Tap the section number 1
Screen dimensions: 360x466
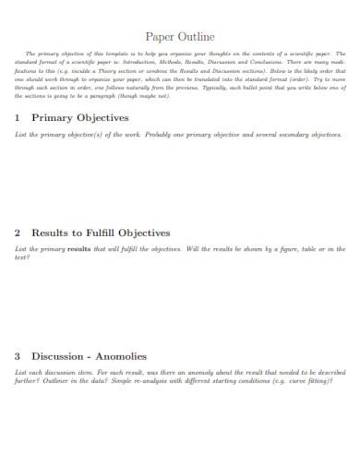[x=18, y=118]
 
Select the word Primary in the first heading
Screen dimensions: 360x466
[x=52, y=118]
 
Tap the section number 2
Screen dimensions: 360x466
[x=18, y=233]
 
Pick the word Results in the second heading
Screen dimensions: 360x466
[x=52, y=233]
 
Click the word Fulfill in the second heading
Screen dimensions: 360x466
[x=107, y=233]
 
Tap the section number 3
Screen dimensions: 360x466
[x=18, y=355]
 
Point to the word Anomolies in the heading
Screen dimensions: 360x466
[x=127, y=355]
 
